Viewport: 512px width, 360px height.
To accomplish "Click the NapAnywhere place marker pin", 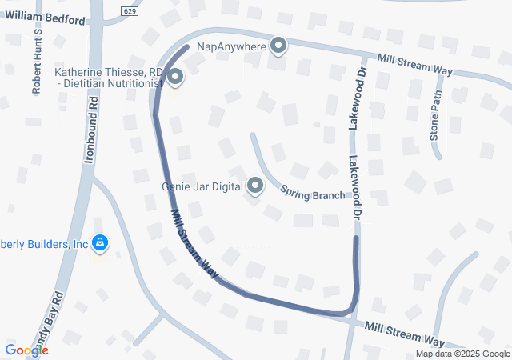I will click(x=278, y=46).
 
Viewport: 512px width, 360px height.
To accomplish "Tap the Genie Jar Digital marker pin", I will click(x=256, y=186).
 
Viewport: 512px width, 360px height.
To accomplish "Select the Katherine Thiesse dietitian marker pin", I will click(x=174, y=77).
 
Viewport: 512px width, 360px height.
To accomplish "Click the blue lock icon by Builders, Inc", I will click(x=100, y=242).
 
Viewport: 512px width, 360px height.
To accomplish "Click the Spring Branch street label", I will click(x=313, y=192).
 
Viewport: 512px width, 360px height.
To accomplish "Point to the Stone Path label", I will click(x=436, y=115).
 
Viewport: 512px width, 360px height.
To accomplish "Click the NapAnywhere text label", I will click(x=230, y=47).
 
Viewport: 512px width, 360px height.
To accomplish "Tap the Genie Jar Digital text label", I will click(x=202, y=187).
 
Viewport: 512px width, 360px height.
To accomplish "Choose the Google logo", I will click(x=26, y=350).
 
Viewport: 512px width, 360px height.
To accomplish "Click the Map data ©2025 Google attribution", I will click(x=462, y=354).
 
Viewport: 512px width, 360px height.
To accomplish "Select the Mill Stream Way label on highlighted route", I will click(x=194, y=244).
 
